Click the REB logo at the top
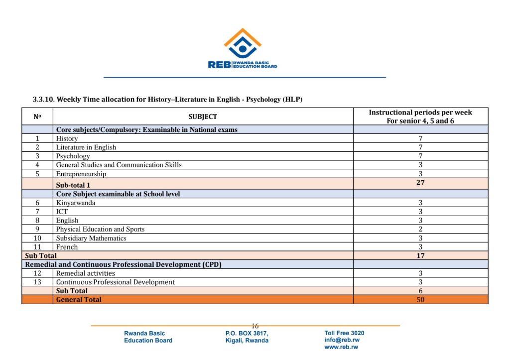click(x=243, y=49)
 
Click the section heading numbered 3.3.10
click(x=167, y=100)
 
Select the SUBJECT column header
click(x=203, y=117)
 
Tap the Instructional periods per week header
click(x=420, y=117)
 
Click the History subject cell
click(x=67, y=138)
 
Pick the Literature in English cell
click(x=86, y=147)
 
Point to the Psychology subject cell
click(x=73, y=156)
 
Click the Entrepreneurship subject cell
click(x=81, y=174)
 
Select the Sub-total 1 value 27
click(x=420, y=183)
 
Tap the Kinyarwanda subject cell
click(x=76, y=203)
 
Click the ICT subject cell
click(x=62, y=212)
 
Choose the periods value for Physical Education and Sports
click(x=420, y=229)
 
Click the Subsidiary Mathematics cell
click(x=91, y=238)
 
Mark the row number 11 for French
click(x=37, y=247)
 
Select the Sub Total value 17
click(x=420, y=255)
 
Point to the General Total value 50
click(x=420, y=300)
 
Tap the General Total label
click(x=79, y=300)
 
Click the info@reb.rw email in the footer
click(x=342, y=340)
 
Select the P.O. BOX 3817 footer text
click(x=247, y=333)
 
